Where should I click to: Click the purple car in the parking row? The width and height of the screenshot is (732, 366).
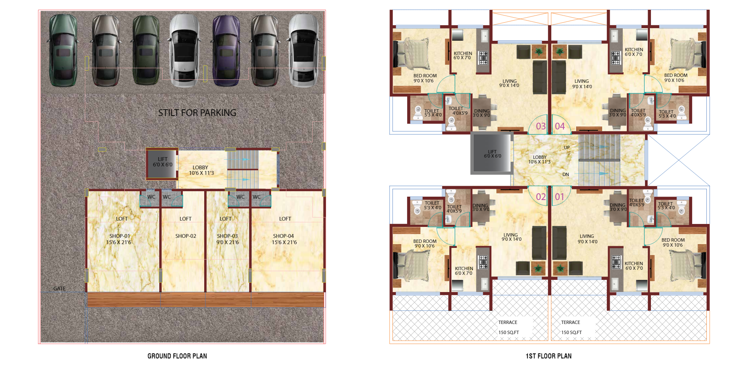[226, 50]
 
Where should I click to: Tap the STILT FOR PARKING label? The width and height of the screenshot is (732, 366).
[197, 113]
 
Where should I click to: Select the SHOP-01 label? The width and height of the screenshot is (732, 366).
[120, 236]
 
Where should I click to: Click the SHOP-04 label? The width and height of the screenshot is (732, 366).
[283, 236]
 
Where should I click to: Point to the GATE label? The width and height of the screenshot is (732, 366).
[59, 289]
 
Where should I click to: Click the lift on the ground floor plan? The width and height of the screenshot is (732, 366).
[162, 164]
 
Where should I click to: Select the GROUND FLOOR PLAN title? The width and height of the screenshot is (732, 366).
[177, 356]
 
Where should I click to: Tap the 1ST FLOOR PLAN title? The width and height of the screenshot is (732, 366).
[548, 356]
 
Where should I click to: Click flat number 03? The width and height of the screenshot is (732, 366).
[540, 126]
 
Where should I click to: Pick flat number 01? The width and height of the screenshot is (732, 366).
[559, 197]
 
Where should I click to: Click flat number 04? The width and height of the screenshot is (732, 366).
[560, 126]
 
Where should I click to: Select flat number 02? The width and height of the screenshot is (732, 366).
[540, 197]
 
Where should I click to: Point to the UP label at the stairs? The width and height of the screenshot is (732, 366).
[567, 147]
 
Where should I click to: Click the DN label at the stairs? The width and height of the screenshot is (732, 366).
[566, 174]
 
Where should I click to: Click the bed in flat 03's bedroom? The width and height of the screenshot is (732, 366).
[411, 54]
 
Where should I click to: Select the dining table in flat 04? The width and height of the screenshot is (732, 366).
[618, 111]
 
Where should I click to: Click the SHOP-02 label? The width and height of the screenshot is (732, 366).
[186, 236]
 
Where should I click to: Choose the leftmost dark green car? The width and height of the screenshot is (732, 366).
[63, 50]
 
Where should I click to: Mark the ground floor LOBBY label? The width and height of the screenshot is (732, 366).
[200, 167]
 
